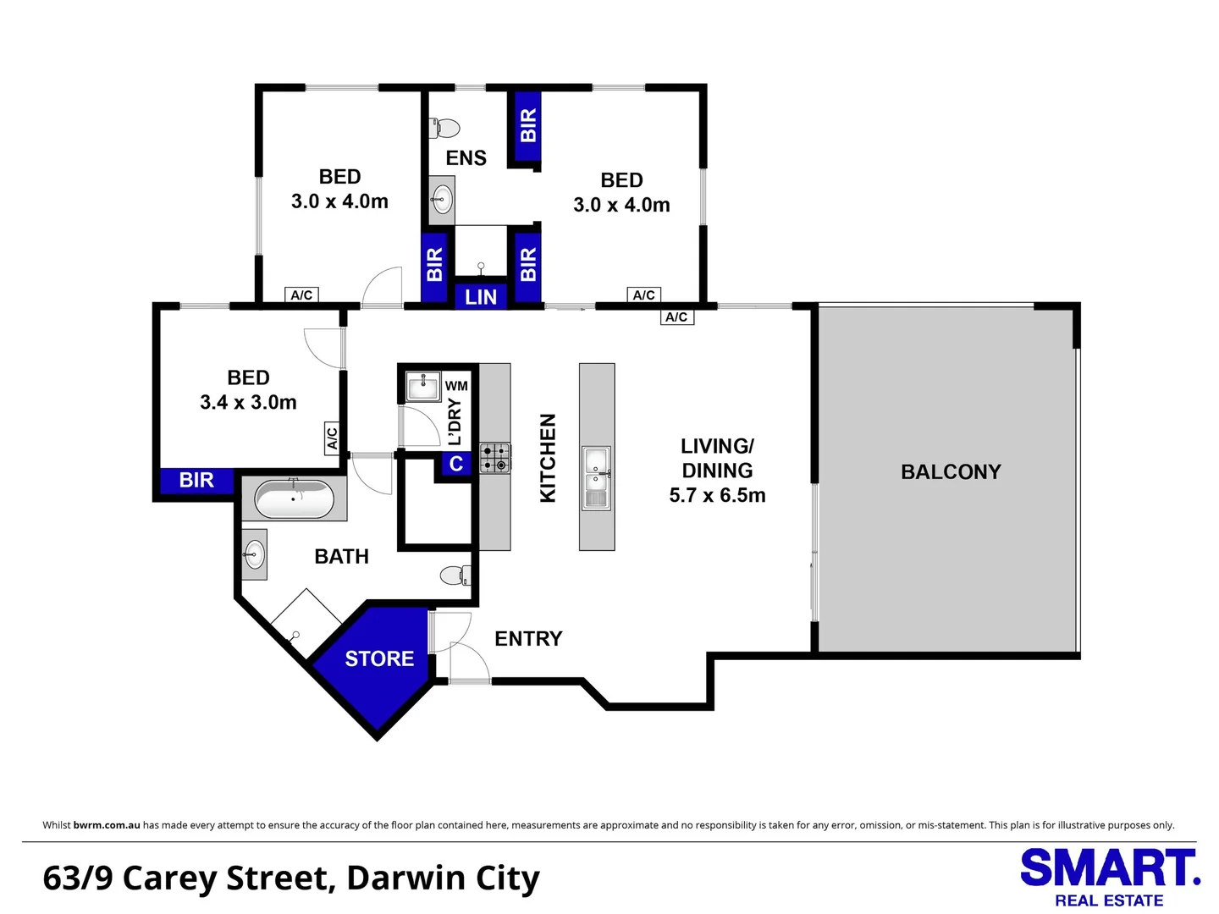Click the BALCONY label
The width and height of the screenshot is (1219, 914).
950,472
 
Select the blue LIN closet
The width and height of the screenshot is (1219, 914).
481,297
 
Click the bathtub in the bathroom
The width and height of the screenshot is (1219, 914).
294,499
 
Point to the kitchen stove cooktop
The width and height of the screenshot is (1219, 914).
495,458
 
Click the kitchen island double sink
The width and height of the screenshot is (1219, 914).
596,477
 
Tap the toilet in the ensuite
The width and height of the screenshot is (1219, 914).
445,129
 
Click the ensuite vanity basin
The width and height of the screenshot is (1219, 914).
441,201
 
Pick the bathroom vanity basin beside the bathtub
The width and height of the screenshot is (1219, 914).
254,555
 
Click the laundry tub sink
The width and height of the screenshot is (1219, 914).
422,387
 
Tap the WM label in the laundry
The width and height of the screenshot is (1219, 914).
456,386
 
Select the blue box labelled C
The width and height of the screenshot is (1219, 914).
456,464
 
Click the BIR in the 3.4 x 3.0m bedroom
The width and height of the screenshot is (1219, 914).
196,481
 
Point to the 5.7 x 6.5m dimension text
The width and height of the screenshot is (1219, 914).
717,496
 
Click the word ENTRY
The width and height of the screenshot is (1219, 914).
528,639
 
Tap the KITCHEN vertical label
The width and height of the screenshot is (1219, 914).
549,458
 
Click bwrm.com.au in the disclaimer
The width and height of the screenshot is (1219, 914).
107,825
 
